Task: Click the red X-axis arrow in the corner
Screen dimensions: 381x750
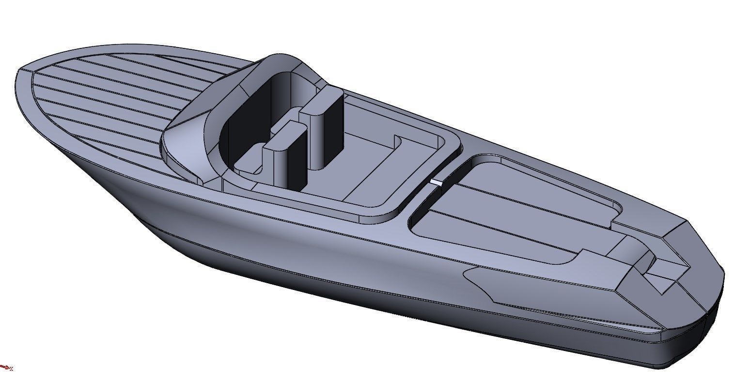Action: tap(4, 367)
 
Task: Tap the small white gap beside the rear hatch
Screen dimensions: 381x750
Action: tap(437, 183)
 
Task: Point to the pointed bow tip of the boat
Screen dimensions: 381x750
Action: tap(19, 73)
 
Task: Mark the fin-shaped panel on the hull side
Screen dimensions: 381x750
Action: tap(533, 286)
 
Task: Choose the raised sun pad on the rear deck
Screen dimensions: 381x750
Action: tap(514, 203)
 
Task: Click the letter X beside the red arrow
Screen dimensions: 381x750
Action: tap(11, 369)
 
